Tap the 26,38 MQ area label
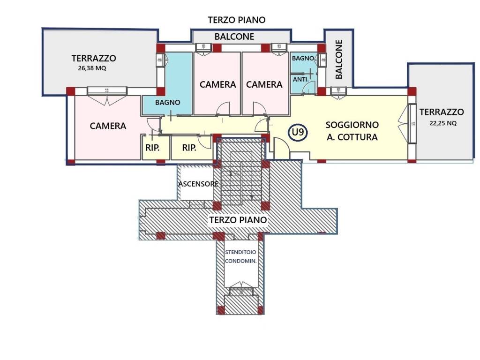click(x=92, y=68)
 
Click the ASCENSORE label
click(x=198, y=184)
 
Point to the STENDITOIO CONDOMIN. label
click(x=240, y=257)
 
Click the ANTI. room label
click(x=300, y=79)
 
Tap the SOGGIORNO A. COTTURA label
click(x=352, y=131)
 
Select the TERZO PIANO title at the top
click(x=237, y=20)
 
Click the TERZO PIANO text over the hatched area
click(x=238, y=220)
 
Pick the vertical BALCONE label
click(x=338, y=59)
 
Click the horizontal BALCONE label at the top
click(x=234, y=37)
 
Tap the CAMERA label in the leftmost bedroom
click(x=108, y=126)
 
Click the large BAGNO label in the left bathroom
click(x=167, y=103)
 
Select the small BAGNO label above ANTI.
click(x=303, y=58)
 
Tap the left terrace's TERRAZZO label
click(x=94, y=58)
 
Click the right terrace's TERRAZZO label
click(x=442, y=112)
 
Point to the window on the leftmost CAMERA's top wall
click(x=107, y=91)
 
